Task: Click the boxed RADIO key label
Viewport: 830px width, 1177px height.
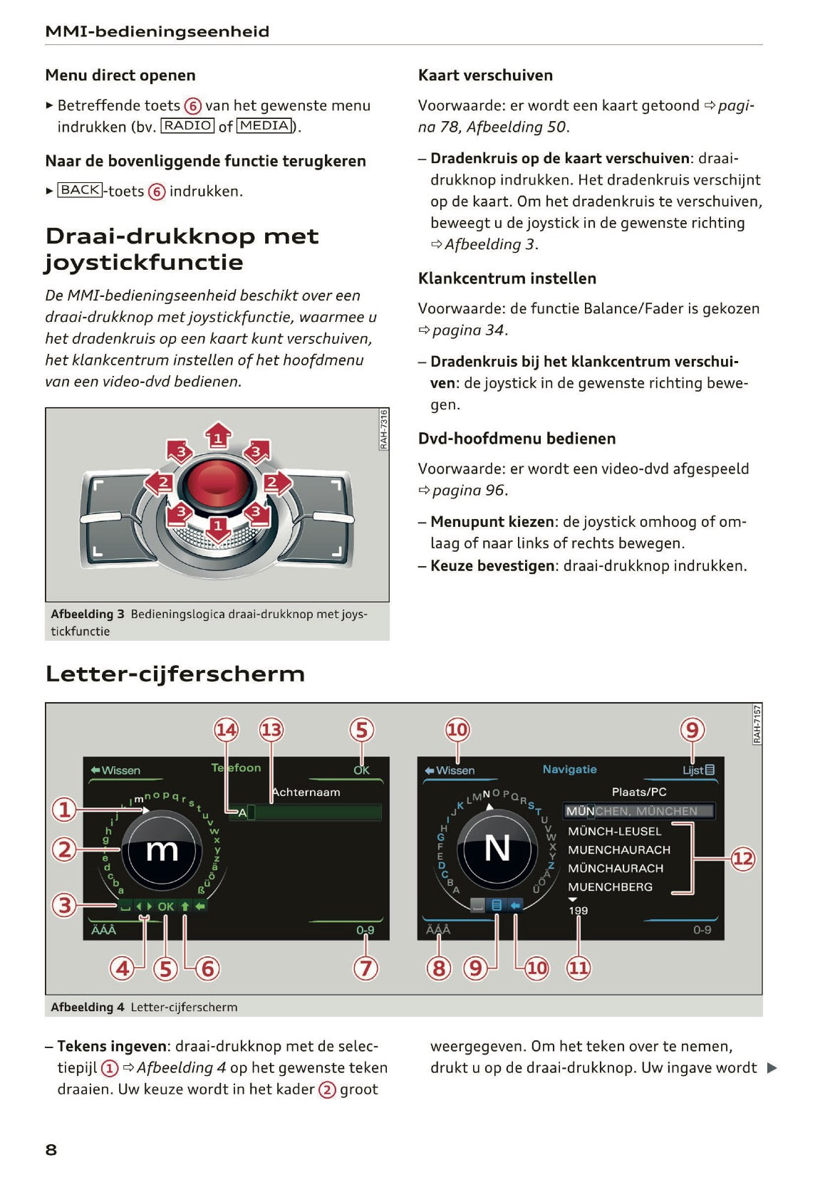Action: click(188, 126)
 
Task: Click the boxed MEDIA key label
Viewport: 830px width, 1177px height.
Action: click(264, 126)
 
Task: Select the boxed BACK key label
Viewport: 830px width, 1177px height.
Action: click(80, 190)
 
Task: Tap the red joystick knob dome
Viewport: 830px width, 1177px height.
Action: click(217, 486)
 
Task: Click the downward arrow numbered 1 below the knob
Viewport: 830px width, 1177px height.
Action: click(218, 528)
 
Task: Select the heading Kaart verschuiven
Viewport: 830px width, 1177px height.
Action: click(485, 75)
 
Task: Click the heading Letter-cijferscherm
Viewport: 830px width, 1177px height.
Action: click(175, 674)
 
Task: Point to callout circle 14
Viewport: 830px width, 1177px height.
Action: click(227, 730)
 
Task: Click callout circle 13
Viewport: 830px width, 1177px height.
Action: click(271, 730)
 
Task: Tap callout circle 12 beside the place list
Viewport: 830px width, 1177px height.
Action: click(742, 859)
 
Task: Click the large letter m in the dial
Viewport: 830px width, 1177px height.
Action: click(162, 850)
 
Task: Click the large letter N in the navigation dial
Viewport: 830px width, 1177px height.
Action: click(497, 849)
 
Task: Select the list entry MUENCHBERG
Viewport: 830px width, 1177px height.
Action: click(610, 887)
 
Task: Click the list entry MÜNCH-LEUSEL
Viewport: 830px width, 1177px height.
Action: click(614, 832)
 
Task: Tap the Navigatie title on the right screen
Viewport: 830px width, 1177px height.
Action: click(569, 770)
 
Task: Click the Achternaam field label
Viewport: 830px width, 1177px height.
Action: click(306, 792)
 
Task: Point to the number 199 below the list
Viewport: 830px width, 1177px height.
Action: click(578, 911)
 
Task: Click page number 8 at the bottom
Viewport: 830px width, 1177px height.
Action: click(51, 1149)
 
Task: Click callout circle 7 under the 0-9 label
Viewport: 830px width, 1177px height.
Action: click(365, 968)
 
